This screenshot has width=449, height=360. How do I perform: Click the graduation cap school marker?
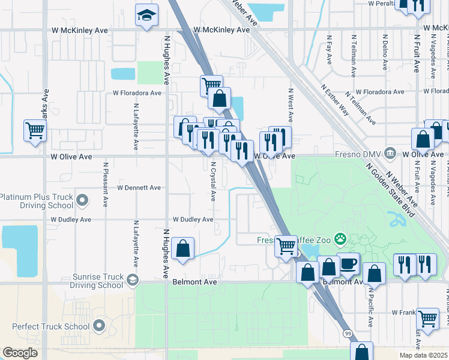pyautogui.click(x=146, y=16)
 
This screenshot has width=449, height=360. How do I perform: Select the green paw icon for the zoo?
pyautogui.click(x=340, y=239)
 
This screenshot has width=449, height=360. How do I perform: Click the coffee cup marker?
pyautogui.click(x=349, y=264)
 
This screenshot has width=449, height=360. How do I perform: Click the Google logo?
pyautogui.click(x=20, y=353)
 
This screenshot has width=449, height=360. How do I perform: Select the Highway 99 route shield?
pyautogui.click(x=348, y=333)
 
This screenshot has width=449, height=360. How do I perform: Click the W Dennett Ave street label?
pyautogui.click(x=139, y=188)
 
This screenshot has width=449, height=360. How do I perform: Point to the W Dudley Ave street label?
pyautogui.click(x=193, y=220)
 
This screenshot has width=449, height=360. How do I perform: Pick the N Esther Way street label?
pyautogui.click(x=335, y=100)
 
